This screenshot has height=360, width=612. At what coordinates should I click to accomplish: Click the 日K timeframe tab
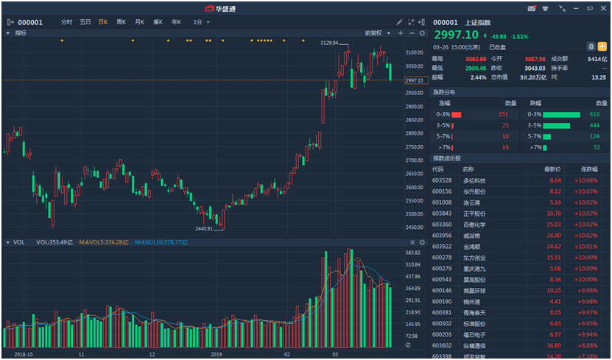point(103,22)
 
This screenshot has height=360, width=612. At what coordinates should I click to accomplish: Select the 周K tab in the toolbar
point(122,22)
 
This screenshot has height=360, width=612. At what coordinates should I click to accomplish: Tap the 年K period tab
point(176,22)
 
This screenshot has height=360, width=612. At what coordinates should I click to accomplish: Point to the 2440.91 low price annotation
point(199,229)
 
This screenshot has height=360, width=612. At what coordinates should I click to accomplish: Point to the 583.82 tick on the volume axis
point(414,253)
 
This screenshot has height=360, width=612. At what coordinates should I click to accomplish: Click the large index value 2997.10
point(456,35)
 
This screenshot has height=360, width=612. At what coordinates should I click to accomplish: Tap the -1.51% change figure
point(520,36)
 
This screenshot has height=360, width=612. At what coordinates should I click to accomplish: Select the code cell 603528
point(442,180)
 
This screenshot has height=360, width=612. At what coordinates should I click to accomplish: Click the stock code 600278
point(442,258)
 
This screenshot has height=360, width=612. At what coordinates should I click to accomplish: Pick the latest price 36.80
point(554,345)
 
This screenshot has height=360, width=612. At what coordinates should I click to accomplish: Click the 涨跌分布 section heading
point(444,92)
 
